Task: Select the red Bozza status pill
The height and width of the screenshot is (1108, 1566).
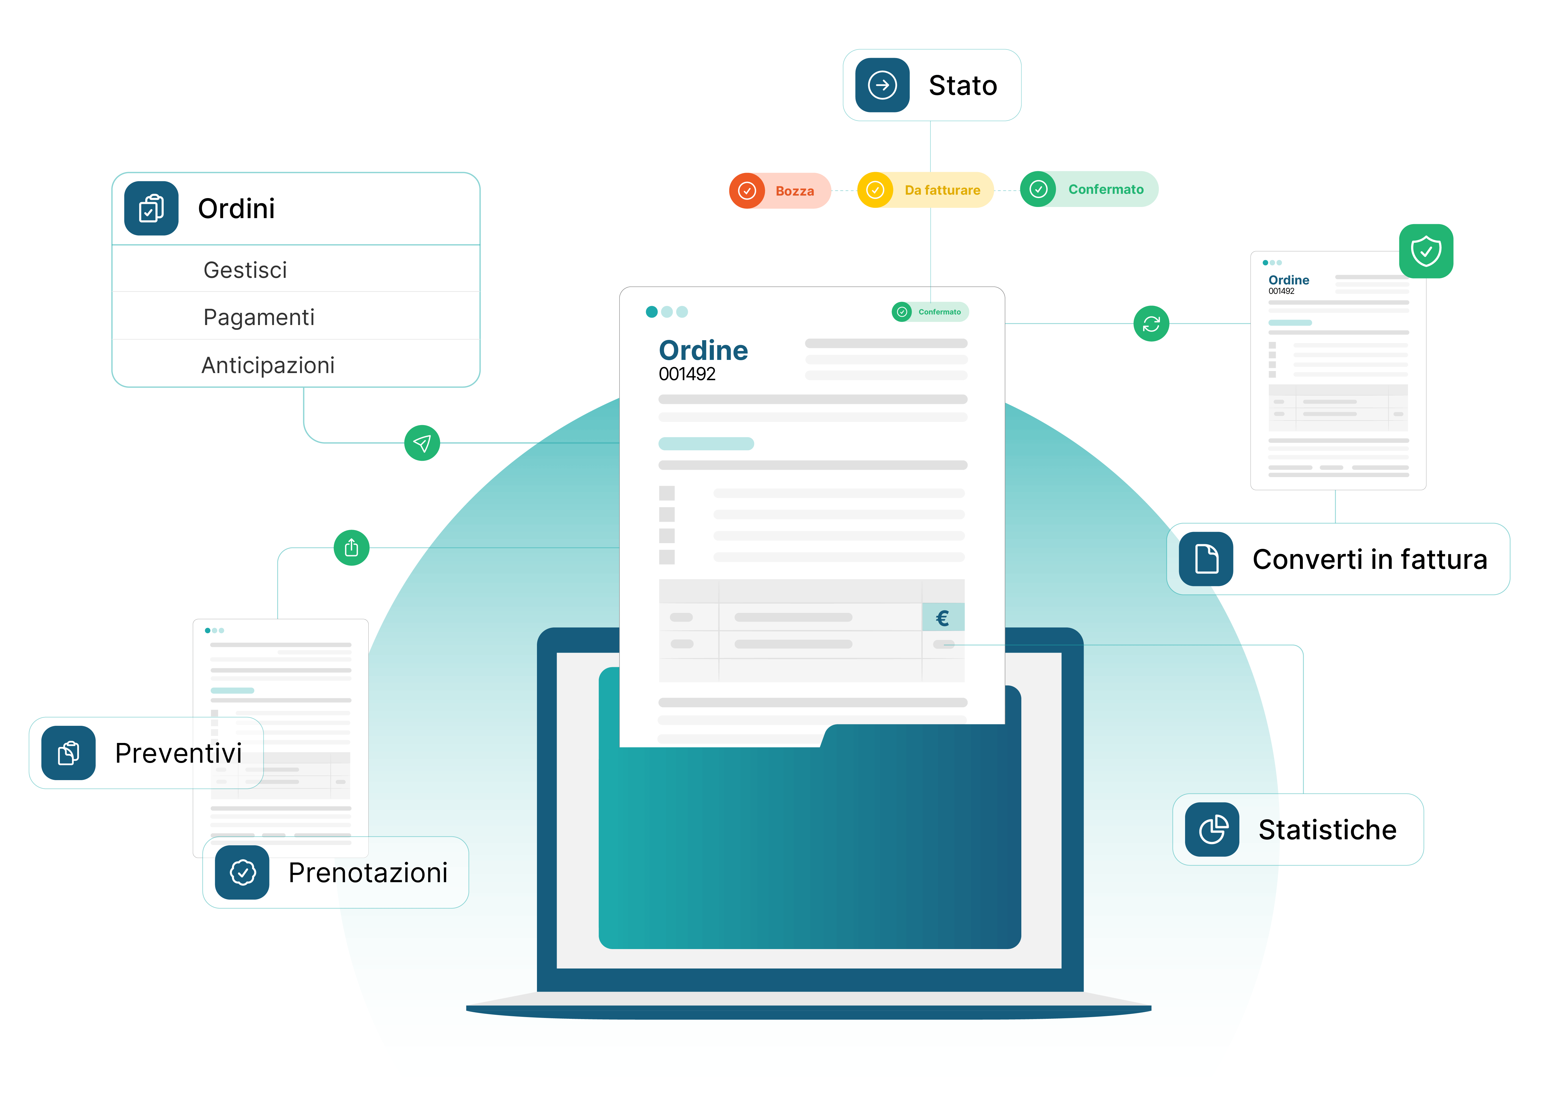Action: [x=780, y=190]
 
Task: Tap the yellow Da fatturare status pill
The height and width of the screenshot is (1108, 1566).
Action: [x=925, y=190]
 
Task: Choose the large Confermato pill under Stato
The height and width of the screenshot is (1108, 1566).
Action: [x=1088, y=189]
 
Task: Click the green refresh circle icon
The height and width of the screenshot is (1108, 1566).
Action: [x=1151, y=323]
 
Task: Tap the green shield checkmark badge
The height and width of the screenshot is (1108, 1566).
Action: [x=1426, y=251]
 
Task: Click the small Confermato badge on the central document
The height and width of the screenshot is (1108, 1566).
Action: [x=930, y=312]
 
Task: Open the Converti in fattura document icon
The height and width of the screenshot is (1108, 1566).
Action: [x=1206, y=559]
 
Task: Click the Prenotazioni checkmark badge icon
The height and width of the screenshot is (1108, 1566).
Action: [x=242, y=873]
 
